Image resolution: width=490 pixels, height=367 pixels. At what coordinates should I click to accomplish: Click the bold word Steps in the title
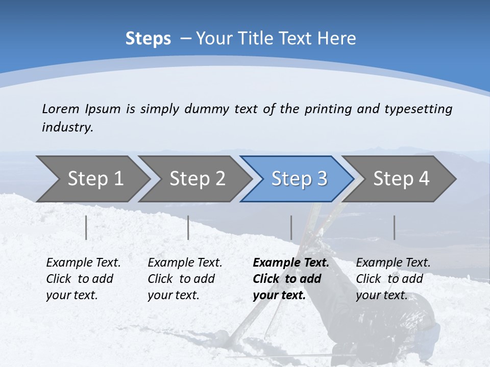coord(148,39)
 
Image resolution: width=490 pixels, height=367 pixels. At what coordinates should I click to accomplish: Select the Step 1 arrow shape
coord(95,179)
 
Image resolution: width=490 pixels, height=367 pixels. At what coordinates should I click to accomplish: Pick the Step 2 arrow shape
coord(197,179)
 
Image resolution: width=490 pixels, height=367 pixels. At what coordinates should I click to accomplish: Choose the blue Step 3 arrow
coord(299,179)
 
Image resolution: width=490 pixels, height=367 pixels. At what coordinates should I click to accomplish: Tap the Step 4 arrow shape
coord(401,179)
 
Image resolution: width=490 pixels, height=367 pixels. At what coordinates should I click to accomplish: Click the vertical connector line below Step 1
coord(86,227)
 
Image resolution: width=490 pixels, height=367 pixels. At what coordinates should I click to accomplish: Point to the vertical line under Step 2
coord(188,227)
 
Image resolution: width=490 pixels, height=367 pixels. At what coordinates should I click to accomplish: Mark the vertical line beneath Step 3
coord(291,227)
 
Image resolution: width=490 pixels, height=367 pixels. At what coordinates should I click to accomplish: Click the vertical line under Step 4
coord(394,227)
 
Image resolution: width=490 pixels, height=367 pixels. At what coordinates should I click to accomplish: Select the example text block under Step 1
coord(83,279)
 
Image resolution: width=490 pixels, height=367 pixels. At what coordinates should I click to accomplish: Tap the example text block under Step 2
coord(185,279)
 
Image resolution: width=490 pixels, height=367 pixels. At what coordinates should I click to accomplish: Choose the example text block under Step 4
coord(393,279)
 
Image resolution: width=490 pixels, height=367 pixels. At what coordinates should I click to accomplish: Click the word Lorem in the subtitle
coord(61,109)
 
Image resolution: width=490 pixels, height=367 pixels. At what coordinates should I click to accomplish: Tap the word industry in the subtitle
coord(67,127)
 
